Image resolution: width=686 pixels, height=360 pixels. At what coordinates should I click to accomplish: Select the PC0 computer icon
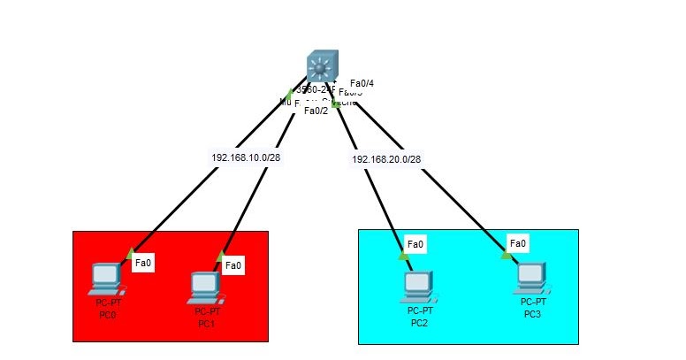click(x=104, y=280)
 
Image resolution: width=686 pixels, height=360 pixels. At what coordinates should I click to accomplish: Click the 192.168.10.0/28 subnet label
click(x=246, y=157)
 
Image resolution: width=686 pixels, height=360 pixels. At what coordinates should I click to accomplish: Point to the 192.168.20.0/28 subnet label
click(x=386, y=159)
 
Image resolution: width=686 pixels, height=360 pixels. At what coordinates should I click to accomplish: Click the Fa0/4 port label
click(x=362, y=83)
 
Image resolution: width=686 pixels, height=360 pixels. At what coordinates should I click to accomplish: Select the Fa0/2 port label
click(x=316, y=111)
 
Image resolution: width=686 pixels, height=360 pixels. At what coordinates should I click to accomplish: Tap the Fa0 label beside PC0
click(x=143, y=262)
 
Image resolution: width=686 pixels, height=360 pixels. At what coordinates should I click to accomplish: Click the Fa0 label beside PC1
click(x=233, y=264)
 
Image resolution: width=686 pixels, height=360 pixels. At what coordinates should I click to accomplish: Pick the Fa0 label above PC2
click(x=415, y=244)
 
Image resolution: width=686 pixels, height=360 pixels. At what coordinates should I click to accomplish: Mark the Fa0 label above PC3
click(x=518, y=243)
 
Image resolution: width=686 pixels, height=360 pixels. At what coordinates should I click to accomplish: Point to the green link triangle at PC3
click(x=506, y=255)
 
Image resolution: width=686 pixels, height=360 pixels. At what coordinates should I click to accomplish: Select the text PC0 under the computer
click(x=105, y=312)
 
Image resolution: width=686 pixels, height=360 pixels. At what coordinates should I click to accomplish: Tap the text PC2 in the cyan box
click(x=419, y=322)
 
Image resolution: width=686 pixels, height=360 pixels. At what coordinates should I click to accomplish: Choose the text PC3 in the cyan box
click(x=531, y=313)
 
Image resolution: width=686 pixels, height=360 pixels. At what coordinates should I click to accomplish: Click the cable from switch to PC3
click(x=433, y=178)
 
